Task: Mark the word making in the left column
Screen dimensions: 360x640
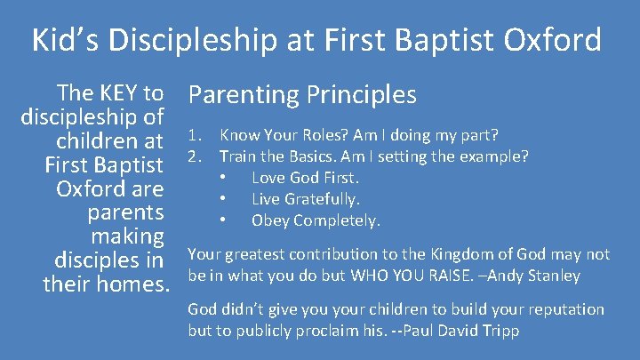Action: tap(128, 237)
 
